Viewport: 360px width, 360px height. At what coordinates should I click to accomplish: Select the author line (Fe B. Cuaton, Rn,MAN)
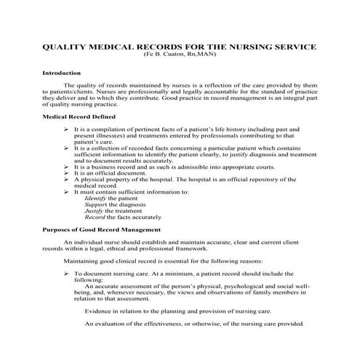coord(180,55)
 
